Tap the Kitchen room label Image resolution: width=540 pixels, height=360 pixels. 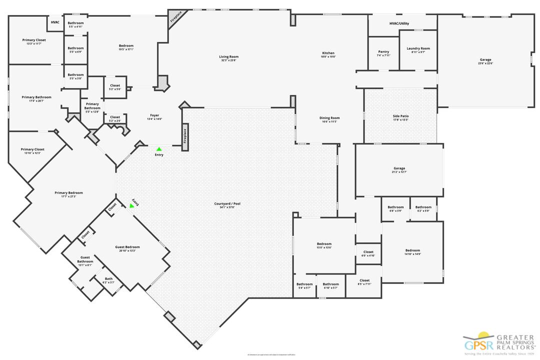(x=328, y=53)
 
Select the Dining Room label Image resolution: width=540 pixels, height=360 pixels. (x=329, y=118)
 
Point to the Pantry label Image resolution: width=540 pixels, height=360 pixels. (x=383, y=52)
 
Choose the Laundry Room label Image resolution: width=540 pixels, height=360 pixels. (x=418, y=48)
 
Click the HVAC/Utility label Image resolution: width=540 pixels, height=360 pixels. (x=399, y=23)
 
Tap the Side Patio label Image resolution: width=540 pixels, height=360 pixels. (x=400, y=116)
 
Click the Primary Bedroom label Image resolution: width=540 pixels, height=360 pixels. (x=68, y=192)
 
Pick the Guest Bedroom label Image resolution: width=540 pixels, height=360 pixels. (x=127, y=247)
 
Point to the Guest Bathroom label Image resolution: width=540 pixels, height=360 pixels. (x=85, y=259)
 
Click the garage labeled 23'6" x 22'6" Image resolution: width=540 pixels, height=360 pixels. (x=485, y=60)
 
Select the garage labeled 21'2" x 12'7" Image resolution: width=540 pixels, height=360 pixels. (x=399, y=168)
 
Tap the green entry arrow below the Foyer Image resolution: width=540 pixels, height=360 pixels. (x=159, y=148)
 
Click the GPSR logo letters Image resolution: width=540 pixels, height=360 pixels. (x=478, y=344)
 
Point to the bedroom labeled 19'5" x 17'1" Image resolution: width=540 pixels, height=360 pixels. (x=126, y=46)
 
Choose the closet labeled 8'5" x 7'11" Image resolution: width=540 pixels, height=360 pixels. (x=364, y=280)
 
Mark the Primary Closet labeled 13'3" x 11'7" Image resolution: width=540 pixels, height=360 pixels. (x=34, y=40)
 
